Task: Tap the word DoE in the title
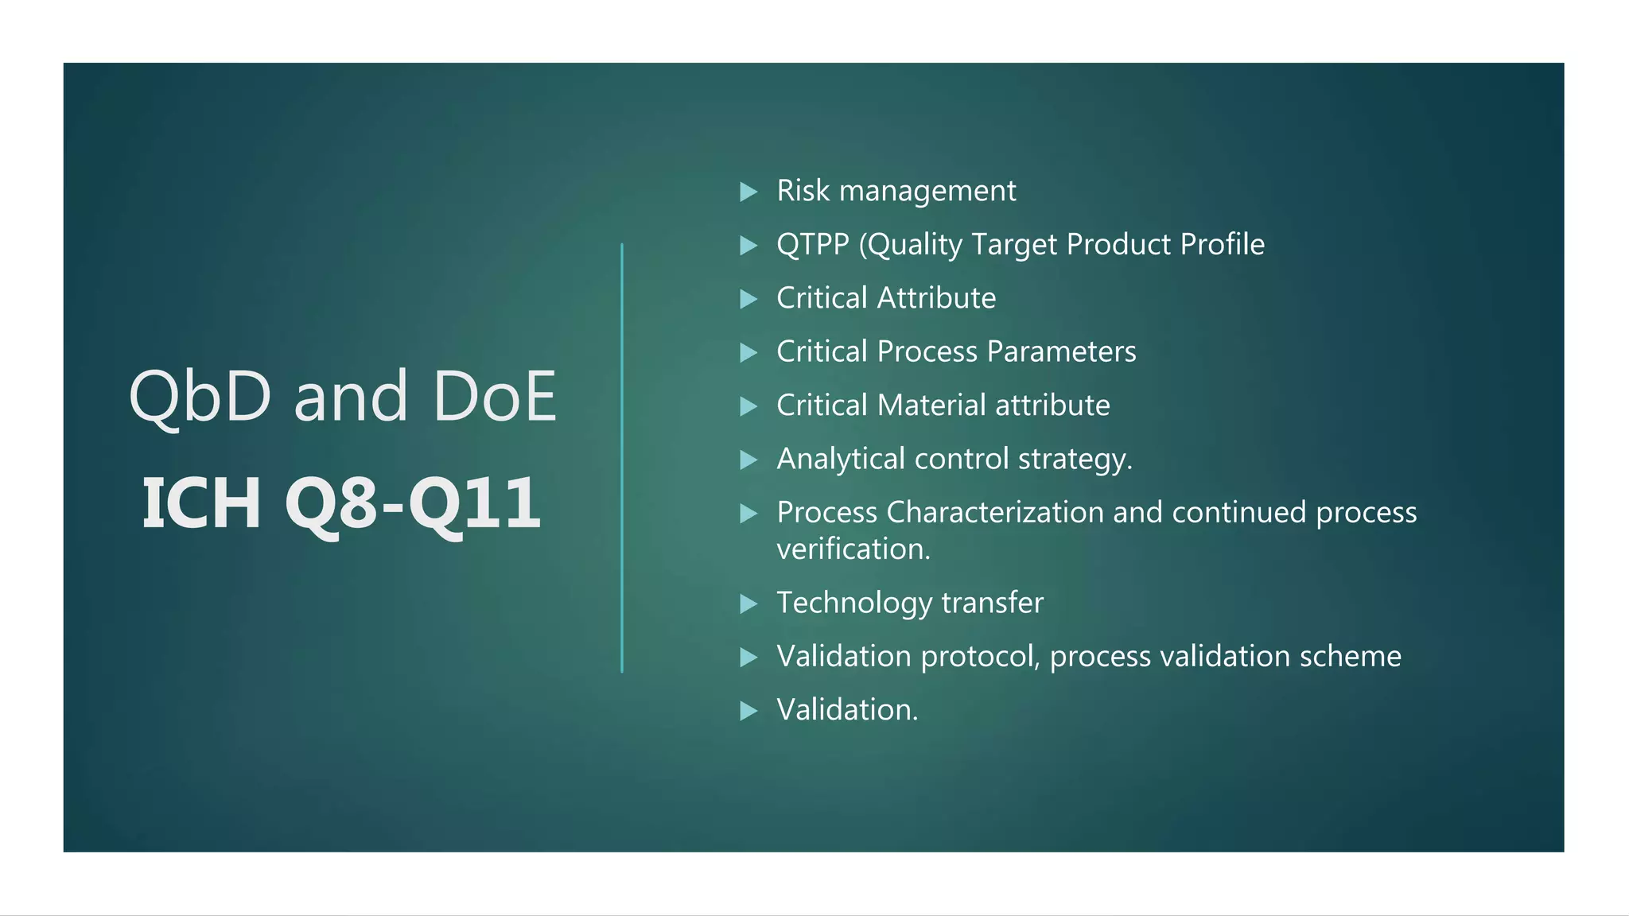click(494, 397)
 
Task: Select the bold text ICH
click(201, 503)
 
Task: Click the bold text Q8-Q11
click(413, 503)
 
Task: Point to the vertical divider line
click(622, 458)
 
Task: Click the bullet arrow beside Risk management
click(748, 192)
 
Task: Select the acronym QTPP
click(813, 244)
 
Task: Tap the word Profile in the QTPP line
click(1222, 244)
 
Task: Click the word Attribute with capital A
click(936, 298)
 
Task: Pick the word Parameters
click(1062, 351)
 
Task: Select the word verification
click(853, 549)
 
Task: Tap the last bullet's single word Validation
click(846, 710)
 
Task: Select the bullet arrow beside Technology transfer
click(748, 604)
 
